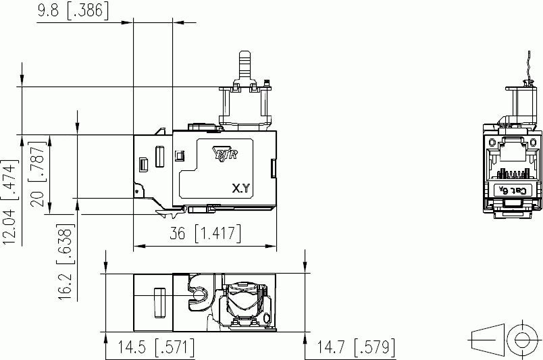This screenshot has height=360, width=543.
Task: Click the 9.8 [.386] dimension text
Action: click(72, 11)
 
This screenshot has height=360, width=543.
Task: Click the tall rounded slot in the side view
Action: click(160, 155)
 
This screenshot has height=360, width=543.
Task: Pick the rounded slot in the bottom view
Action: click(161, 302)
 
